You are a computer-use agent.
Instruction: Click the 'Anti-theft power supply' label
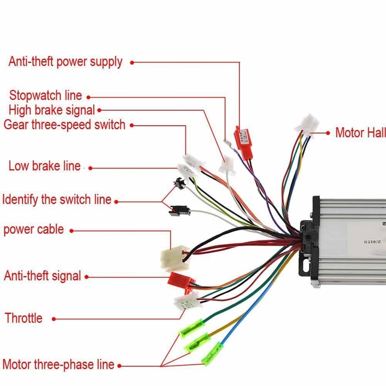[x=65, y=62]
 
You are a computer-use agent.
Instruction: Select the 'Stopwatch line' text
[x=46, y=95]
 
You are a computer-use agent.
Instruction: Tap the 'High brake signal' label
[x=52, y=110]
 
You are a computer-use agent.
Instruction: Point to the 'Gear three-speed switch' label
[x=64, y=125]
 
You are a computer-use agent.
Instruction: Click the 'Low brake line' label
[x=44, y=166]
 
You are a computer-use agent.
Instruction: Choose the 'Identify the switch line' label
[x=57, y=200]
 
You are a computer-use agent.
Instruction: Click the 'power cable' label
[x=34, y=229]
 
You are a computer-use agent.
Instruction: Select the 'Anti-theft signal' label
[x=42, y=276]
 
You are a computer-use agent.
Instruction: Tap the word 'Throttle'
[x=24, y=318]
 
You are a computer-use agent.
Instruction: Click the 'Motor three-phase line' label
[x=58, y=364]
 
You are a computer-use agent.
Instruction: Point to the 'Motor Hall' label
[x=360, y=133]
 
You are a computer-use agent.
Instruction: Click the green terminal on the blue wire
[x=213, y=352]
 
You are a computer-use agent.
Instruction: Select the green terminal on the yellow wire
[x=198, y=340]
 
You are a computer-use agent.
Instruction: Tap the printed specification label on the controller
[x=371, y=241]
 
